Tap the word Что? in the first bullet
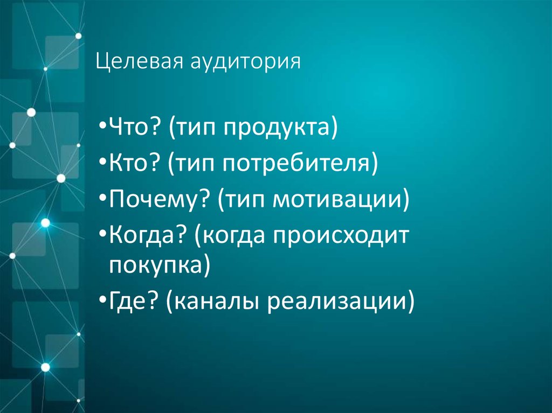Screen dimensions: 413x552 (x=134, y=130)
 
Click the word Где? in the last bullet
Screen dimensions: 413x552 (x=133, y=301)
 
